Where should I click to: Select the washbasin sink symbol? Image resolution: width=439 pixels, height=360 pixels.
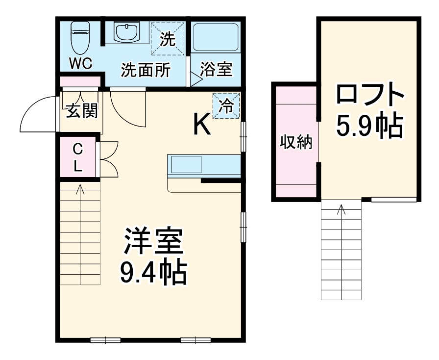pyautogui.click(x=126, y=32)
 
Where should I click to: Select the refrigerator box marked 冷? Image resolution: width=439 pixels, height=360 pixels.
pyautogui.click(x=226, y=105)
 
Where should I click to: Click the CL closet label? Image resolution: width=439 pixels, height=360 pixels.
pyautogui.click(x=78, y=157)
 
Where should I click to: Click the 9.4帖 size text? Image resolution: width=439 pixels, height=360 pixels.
pyautogui.click(x=153, y=273)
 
